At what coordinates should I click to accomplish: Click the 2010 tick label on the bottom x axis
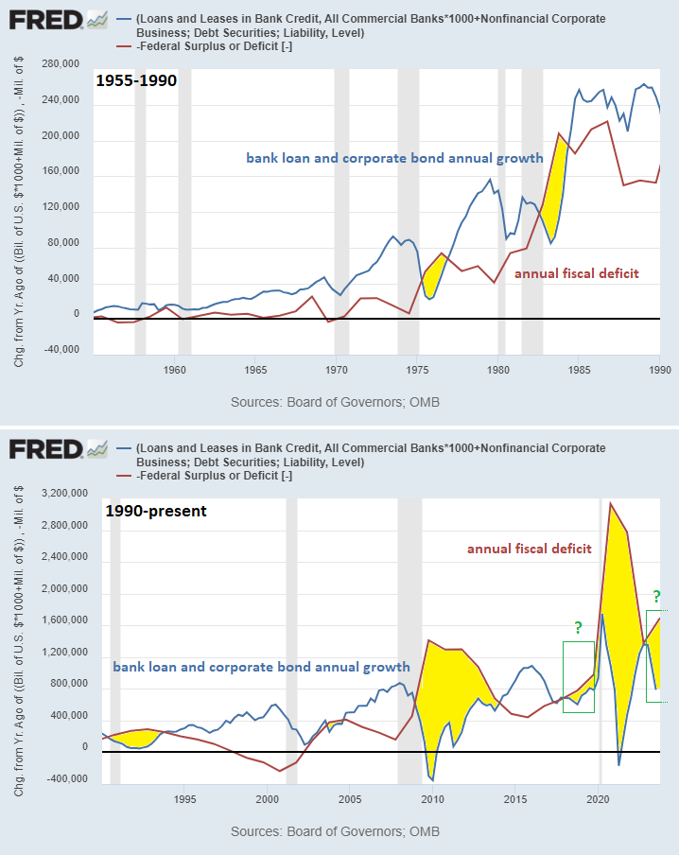[x=432, y=798]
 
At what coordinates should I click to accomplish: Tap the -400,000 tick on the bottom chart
[x=60, y=779]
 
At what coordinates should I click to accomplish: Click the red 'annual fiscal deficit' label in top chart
[x=576, y=273]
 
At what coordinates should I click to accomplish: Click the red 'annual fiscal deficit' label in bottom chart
[x=530, y=548]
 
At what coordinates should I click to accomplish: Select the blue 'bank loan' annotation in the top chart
[x=394, y=158]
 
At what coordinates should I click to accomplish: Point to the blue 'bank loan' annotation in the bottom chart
[x=261, y=667]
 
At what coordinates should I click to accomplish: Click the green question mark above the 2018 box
[x=578, y=627]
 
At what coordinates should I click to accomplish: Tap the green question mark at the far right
[x=654, y=596]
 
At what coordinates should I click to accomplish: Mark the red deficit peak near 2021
[x=610, y=502]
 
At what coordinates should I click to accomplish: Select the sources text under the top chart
[x=335, y=402]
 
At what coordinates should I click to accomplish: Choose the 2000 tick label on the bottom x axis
[x=267, y=798]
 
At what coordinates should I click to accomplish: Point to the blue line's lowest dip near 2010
[x=432, y=780]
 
